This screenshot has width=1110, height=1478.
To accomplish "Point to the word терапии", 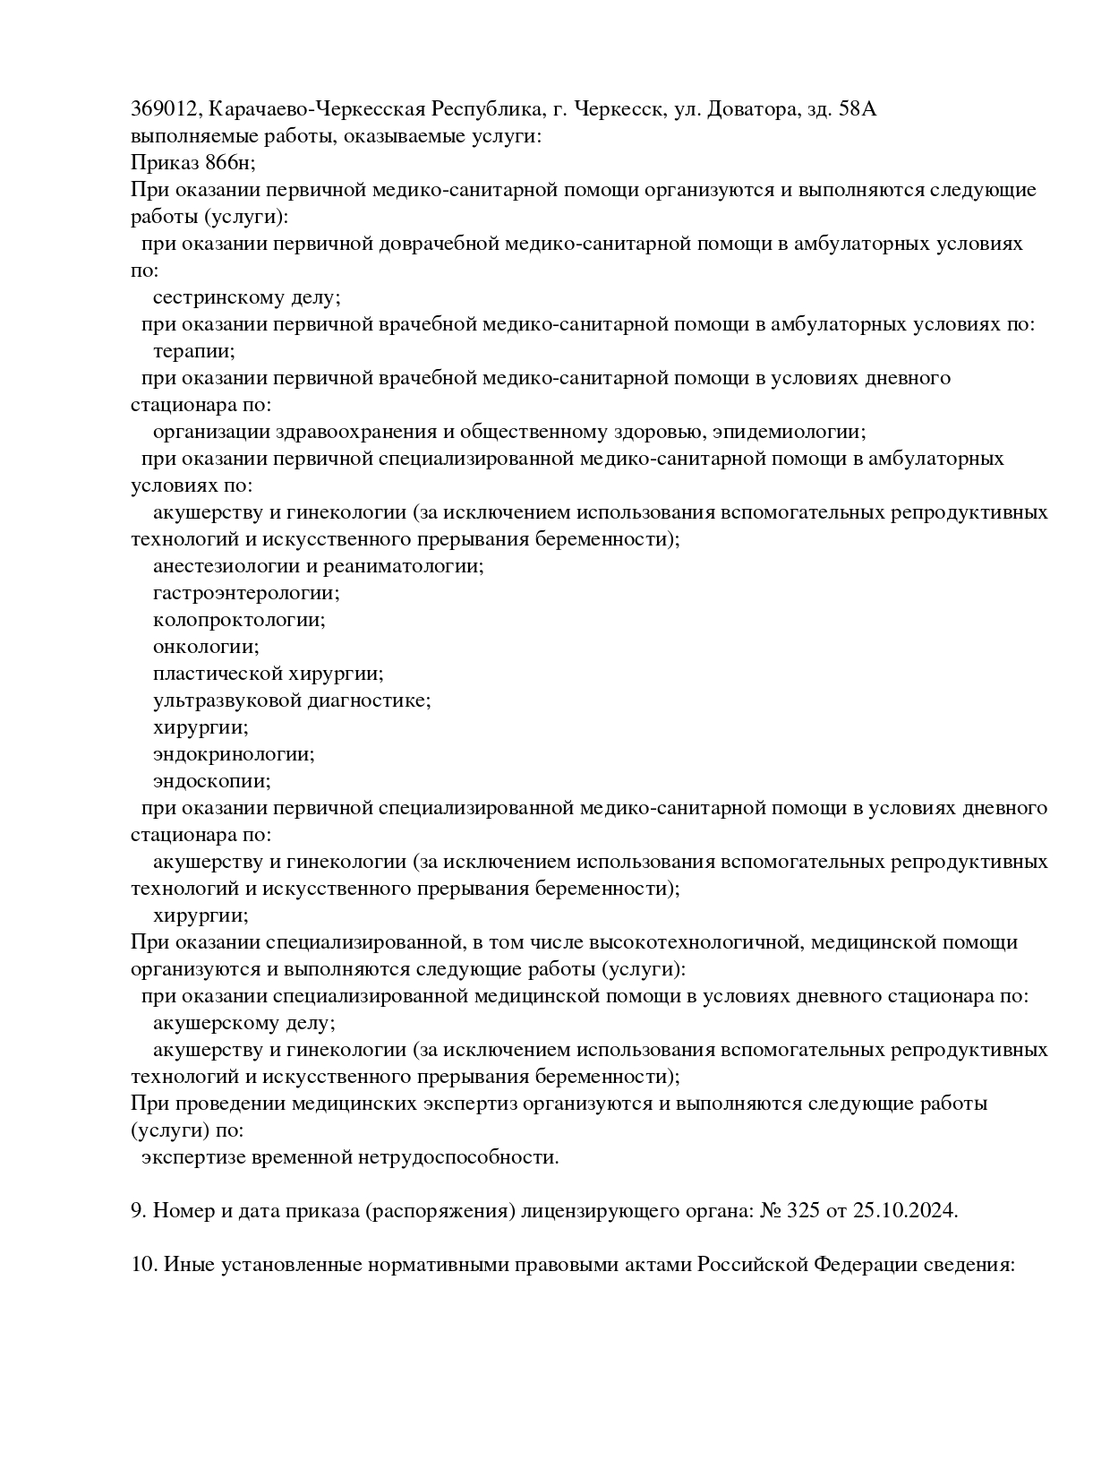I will click(x=192, y=351).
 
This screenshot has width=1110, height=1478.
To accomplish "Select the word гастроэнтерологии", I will click(x=245, y=593).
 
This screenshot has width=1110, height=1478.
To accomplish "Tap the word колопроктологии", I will click(x=238, y=620).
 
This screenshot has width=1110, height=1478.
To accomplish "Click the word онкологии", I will click(x=205, y=647).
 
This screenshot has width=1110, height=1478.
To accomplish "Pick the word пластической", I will click(x=217, y=674).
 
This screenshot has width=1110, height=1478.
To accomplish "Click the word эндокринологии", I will click(x=233, y=754).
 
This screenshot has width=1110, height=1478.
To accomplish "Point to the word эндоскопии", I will click(x=211, y=781).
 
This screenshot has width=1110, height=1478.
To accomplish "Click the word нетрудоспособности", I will click(x=458, y=1157).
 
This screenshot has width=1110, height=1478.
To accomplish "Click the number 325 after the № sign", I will click(x=803, y=1211).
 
